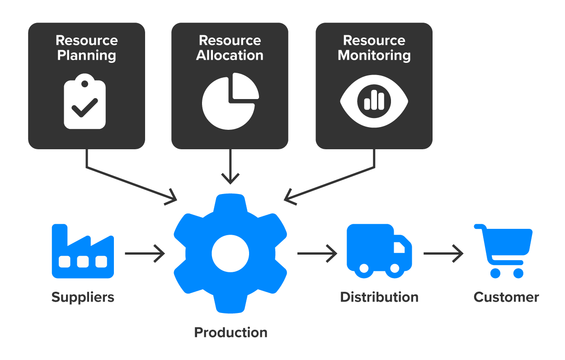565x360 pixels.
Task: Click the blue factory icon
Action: pos(83,251)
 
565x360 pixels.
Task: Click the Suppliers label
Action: pos(83,297)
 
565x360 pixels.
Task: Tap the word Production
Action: pos(231,332)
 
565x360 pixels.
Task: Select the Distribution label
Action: pos(379,297)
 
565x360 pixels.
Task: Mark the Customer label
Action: pos(506,297)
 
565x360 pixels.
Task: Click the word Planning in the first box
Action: pos(86,56)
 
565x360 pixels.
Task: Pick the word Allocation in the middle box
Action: pos(230,56)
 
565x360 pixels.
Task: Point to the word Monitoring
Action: pos(374,56)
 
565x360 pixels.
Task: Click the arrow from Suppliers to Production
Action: pos(145,253)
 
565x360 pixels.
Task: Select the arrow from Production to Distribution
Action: pos(317,253)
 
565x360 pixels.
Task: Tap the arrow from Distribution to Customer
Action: pos(443,253)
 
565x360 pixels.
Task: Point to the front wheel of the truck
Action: pos(395,269)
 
